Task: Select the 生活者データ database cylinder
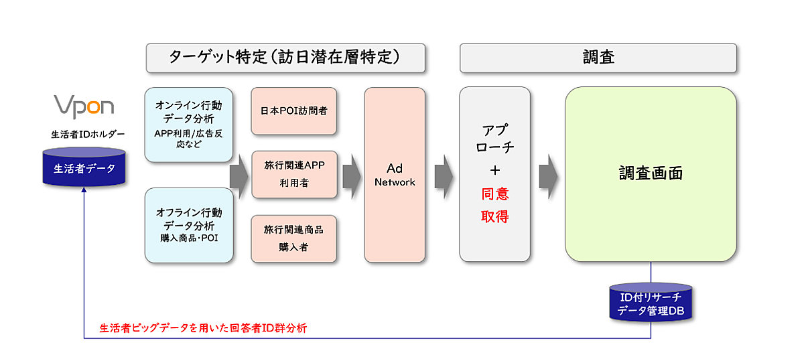pos(84,167)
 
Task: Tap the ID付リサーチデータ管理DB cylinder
pos(650,303)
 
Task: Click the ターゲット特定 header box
pos(285,58)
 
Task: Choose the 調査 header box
pos(598,58)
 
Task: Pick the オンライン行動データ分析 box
pos(188,124)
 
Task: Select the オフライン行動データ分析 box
pos(188,225)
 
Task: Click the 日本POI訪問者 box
pos(293,111)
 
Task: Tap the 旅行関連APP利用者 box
pos(293,174)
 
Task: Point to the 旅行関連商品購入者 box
pos(293,238)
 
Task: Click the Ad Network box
pos(395,175)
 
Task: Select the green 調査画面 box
pos(650,174)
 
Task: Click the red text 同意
pos(494,194)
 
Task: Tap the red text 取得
pos(494,216)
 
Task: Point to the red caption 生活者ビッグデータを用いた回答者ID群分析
pos(203,328)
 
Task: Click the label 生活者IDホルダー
pos(84,134)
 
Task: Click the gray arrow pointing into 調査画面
pos(548,175)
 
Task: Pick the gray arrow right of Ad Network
pos(444,175)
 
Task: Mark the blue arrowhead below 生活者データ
pos(84,191)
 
